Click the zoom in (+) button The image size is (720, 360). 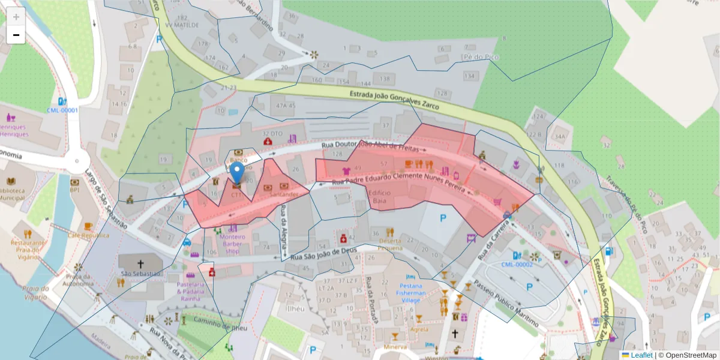tap(16, 17)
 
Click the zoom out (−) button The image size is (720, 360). tap(16, 35)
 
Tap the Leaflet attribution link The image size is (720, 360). tap(641, 355)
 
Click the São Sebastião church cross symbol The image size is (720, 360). tap(141, 263)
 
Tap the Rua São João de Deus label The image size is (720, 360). tap(319, 254)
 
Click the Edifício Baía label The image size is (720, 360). tap(379, 197)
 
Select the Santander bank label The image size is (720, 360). tap(284, 194)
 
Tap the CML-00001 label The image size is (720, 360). tap(62, 110)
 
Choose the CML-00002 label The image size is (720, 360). tap(517, 264)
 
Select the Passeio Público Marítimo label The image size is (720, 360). tap(505, 304)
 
